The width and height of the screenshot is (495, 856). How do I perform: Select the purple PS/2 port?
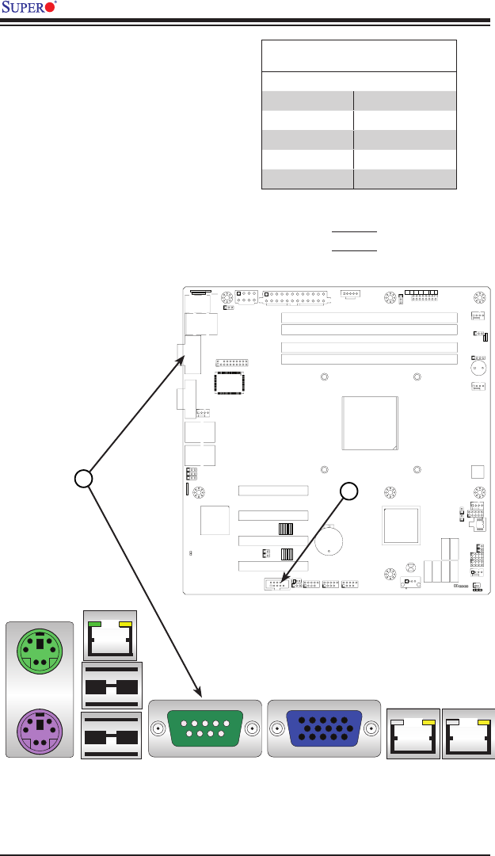39,730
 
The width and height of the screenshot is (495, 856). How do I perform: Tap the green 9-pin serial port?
204,728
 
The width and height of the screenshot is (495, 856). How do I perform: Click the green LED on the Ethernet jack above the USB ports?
95,626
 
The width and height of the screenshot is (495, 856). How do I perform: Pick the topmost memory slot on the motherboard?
370,317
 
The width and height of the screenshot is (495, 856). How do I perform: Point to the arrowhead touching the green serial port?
196,694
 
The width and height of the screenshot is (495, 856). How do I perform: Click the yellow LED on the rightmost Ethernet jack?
483,723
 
